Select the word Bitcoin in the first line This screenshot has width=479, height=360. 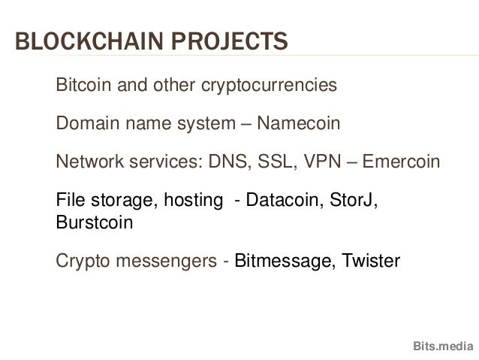[82, 86]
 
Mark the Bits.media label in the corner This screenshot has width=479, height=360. [443, 346]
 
